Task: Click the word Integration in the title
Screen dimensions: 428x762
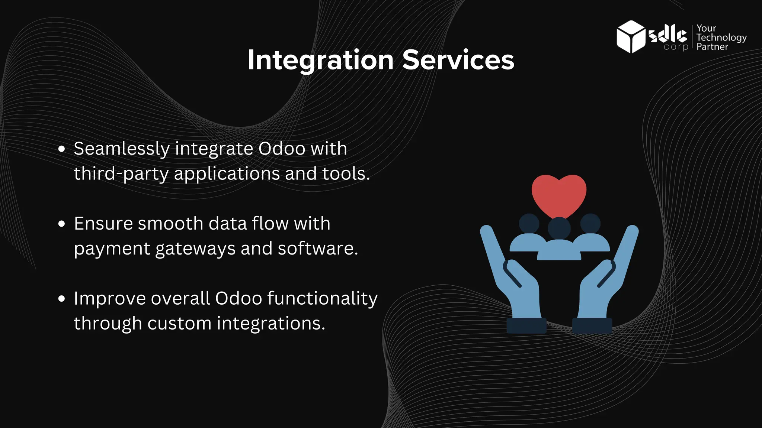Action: (320, 60)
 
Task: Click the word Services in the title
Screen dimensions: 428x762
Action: (458, 60)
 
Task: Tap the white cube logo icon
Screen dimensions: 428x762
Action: (630, 37)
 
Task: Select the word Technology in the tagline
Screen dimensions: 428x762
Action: (721, 38)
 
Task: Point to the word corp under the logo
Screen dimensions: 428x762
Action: (676, 47)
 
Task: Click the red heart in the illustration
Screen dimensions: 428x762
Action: (559, 194)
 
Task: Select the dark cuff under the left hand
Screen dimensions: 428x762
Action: (526, 325)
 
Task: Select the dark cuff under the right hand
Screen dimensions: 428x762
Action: (592, 325)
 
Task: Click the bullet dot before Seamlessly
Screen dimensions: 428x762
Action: (62, 149)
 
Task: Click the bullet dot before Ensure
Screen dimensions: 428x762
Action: (62, 224)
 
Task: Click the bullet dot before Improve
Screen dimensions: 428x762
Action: (62, 299)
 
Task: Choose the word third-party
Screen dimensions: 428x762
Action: (121, 174)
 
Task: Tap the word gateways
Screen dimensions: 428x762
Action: (195, 249)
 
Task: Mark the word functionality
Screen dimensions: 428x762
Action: (322, 298)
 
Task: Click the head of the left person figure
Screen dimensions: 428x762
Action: (529, 223)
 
